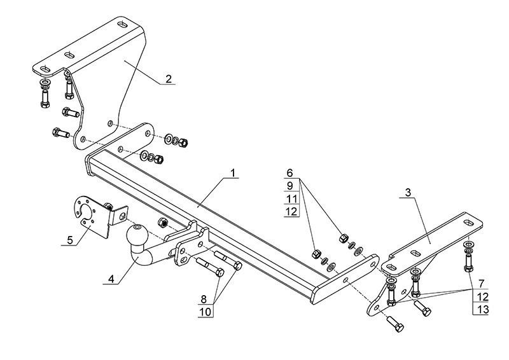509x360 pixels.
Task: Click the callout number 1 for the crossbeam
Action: [233, 173]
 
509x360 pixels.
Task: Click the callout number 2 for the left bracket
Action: [169, 79]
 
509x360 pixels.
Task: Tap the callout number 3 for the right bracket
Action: [408, 193]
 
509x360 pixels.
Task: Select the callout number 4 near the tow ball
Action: [111, 279]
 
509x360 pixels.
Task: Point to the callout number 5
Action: [70, 240]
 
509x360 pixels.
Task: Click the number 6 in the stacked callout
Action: [290, 173]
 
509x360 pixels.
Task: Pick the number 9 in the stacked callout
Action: [290, 186]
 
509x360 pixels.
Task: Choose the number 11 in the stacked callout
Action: [292, 198]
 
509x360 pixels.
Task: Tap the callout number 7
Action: [482, 284]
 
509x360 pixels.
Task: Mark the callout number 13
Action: [484, 309]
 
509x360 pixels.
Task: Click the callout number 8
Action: [204, 300]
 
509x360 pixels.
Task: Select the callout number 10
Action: [205, 312]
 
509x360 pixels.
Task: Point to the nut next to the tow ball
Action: [162, 223]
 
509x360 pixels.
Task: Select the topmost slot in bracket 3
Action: [469, 223]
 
